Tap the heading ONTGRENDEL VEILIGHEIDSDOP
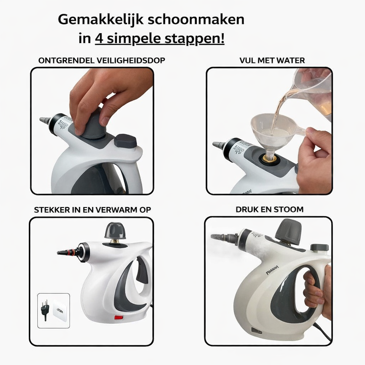(102, 61)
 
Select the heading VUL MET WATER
(272, 61)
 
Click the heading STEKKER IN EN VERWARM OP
(92, 210)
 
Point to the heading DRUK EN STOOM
(269, 210)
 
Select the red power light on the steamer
(118, 317)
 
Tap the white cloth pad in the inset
(60, 310)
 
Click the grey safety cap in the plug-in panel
(115, 231)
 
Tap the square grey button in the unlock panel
(125, 141)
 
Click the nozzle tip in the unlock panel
(45, 120)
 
